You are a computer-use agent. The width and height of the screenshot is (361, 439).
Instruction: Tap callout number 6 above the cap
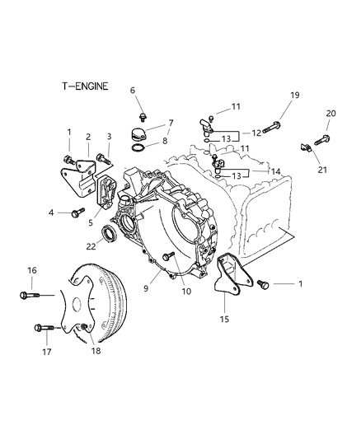[132, 91]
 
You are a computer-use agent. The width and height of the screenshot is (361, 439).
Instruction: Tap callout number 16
[33, 270]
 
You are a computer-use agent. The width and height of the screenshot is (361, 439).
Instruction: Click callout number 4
[51, 212]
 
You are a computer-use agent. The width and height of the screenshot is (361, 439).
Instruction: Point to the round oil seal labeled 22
[108, 239]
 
